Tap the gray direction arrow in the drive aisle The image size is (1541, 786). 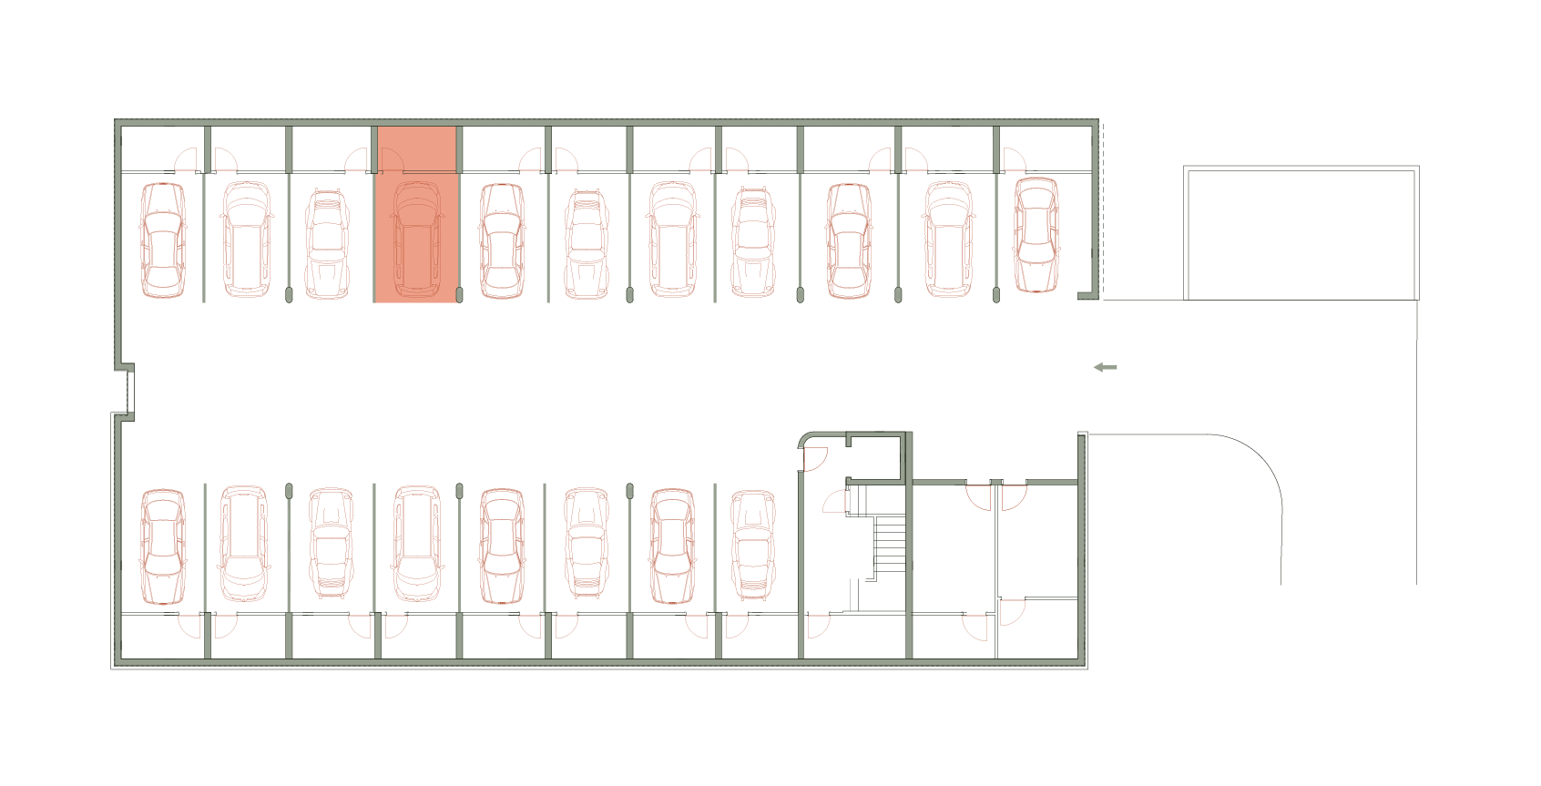tap(1105, 367)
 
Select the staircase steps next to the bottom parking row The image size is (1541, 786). tap(890, 544)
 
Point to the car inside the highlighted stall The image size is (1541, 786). tap(417, 239)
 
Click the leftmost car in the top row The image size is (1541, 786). tap(163, 240)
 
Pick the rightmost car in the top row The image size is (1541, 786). tap(1036, 235)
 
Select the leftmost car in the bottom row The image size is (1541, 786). tap(163, 546)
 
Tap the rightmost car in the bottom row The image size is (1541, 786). tap(753, 545)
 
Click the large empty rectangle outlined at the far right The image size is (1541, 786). tap(1301, 234)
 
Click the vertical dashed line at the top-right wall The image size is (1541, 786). tap(1103, 209)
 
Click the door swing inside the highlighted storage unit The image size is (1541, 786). tap(390, 159)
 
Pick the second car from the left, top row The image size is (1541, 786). tap(246, 240)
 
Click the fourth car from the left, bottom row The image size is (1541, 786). tap(417, 544)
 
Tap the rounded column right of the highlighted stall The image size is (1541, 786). tap(459, 294)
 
